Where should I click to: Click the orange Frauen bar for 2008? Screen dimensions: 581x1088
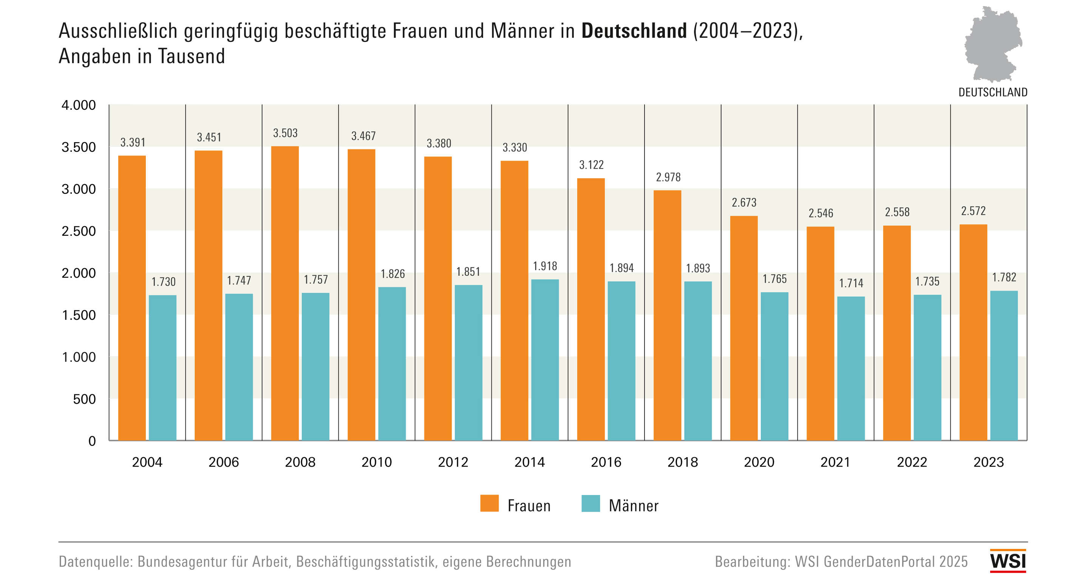click(x=285, y=293)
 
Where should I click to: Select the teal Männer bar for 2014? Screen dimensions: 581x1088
click(x=545, y=360)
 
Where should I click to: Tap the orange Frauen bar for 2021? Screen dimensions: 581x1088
click(x=820, y=334)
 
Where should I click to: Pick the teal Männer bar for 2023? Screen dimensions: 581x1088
click(x=1004, y=366)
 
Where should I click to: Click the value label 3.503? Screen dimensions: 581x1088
click(x=285, y=133)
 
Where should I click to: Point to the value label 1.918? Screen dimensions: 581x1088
click(x=545, y=266)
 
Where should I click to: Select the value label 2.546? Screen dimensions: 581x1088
click(x=821, y=214)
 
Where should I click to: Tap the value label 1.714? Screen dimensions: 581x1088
click(x=851, y=283)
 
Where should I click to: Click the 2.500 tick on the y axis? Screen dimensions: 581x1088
click(x=79, y=231)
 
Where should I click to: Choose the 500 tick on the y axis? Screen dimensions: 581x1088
click(x=85, y=399)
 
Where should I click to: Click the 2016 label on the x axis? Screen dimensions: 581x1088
click(x=606, y=463)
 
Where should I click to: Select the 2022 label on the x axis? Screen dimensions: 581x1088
click(x=912, y=463)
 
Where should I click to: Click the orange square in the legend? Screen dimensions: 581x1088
click(x=490, y=503)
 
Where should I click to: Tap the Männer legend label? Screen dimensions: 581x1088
click(x=634, y=506)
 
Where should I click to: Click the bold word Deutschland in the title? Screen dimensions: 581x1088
click(x=634, y=31)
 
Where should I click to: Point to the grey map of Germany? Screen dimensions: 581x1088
click(x=992, y=44)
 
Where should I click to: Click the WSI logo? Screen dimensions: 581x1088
click(x=1008, y=561)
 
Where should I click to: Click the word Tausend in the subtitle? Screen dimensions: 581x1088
click(x=192, y=56)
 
